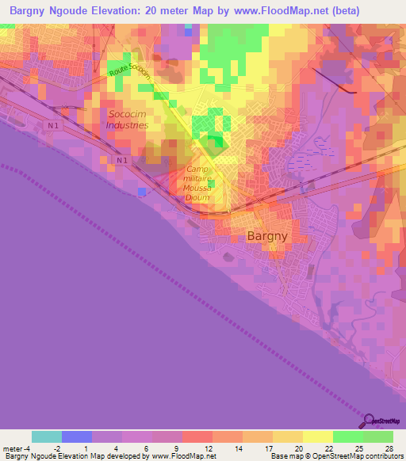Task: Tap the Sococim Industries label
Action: click(x=128, y=120)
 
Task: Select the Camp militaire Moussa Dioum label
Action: click(x=198, y=183)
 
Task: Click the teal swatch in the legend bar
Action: click(x=47, y=436)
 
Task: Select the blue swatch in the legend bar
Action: click(x=77, y=436)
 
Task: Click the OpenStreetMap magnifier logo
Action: click(x=369, y=420)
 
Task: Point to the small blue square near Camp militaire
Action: click(x=141, y=192)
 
